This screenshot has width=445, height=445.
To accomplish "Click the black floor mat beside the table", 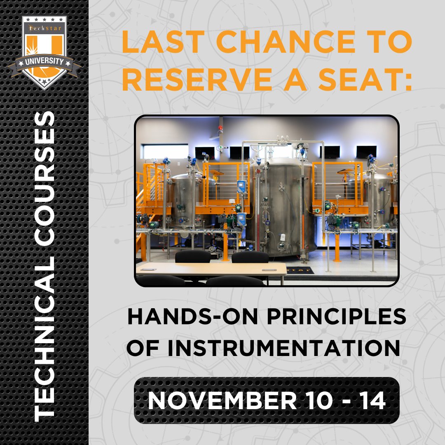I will [300, 270].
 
